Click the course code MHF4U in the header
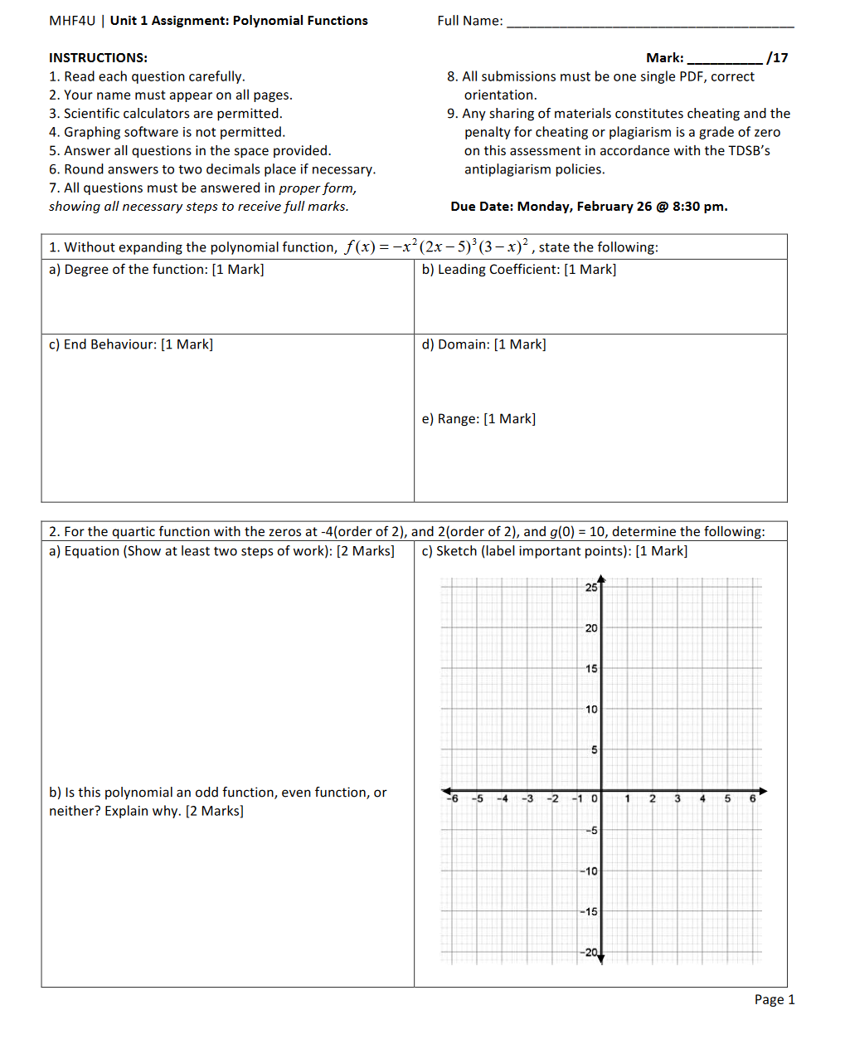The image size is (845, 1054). (x=72, y=21)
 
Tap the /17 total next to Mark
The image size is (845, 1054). (x=777, y=58)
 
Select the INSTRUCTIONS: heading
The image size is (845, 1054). (x=98, y=58)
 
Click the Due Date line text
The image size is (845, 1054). (x=589, y=207)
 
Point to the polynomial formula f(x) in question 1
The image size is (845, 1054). (x=436, y=246)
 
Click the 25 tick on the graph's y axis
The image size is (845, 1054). (x=590, y=588)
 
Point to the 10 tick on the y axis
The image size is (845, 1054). (x=590, y=710)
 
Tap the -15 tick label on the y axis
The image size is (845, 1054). (x=589, y=912)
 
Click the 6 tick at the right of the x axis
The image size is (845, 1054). (x=752, y=799)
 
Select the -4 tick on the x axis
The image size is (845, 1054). (x=502, y=799)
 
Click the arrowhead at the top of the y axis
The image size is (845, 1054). (x=601, y=579)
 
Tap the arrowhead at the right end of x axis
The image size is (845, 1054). (x=763, y=791)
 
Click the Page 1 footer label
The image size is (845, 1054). (x=774, y=1000)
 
